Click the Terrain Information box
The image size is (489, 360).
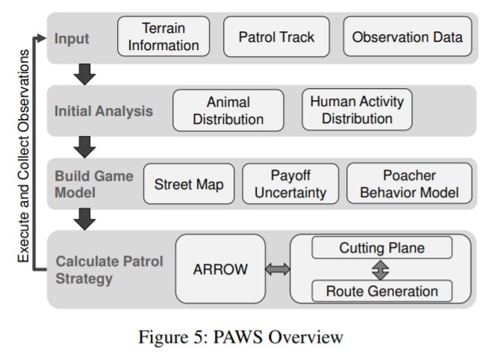tap(163, 37)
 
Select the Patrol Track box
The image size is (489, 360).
tap(276, 37)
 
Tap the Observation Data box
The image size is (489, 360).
tap(408, 37)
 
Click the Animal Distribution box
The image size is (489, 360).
tap(228, 110)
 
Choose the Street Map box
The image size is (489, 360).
tap(189, 184)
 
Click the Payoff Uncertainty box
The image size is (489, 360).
tap(290, 184)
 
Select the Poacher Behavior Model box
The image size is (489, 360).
tap(410, 184)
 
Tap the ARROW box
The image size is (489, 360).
tap(220, 270)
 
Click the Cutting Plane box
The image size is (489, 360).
tap(381, 247)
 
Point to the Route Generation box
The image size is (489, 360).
tap(381, 291)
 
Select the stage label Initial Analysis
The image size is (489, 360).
tap(103, 111)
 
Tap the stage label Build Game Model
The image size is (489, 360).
tap(93, 184)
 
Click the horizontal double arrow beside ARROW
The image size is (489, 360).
tap(278, 270)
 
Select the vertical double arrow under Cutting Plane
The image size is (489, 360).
tap(381, 269)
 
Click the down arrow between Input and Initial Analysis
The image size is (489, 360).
tap(84, 74)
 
